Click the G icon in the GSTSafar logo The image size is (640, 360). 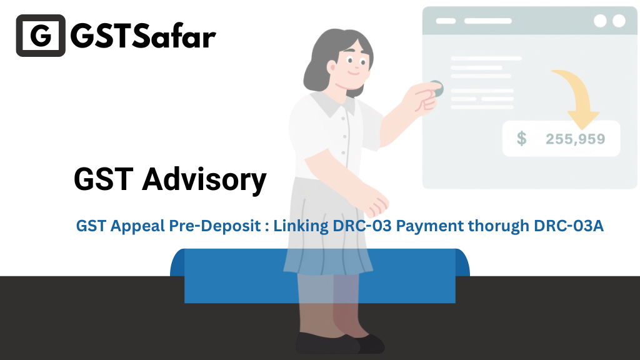[41, 36]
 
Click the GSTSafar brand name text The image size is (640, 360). [143, 36]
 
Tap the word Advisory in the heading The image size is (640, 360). [204, 179]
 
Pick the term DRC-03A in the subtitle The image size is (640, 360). [569, 226]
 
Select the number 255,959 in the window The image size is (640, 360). [576, 139]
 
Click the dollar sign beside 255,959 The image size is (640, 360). [522, 139]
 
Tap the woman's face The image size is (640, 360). [352, 65]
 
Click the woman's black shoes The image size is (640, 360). [339, 343]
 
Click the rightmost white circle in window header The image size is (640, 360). [619, 21]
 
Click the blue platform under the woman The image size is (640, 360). [320, 276]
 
